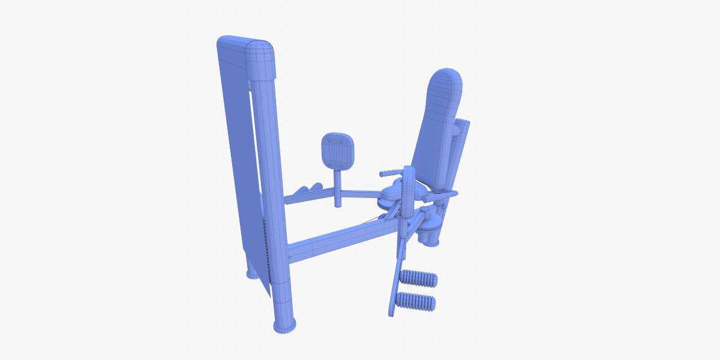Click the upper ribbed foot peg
(x=419, y=278)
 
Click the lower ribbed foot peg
(x=417, y=302)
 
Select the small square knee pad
(x=337, y=151)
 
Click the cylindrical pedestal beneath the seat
(x=430, y=231)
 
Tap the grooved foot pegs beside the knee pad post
(x=307, y=189)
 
